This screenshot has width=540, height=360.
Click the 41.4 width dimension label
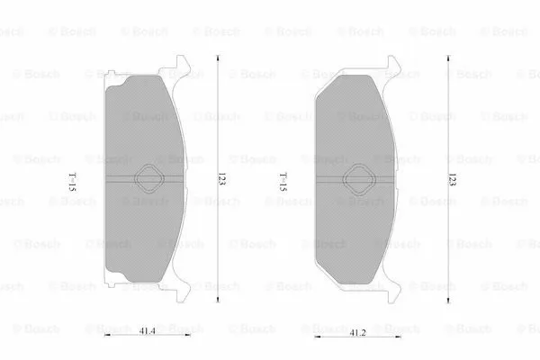pos(146,332)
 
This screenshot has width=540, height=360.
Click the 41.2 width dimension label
pos(358,332)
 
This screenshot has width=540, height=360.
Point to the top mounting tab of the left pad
pos(183,64)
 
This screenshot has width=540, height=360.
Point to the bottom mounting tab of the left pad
pos(181,292)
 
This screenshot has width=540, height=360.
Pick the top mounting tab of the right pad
pos(392,64)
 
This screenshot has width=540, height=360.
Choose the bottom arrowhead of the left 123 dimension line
pos(218,301)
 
